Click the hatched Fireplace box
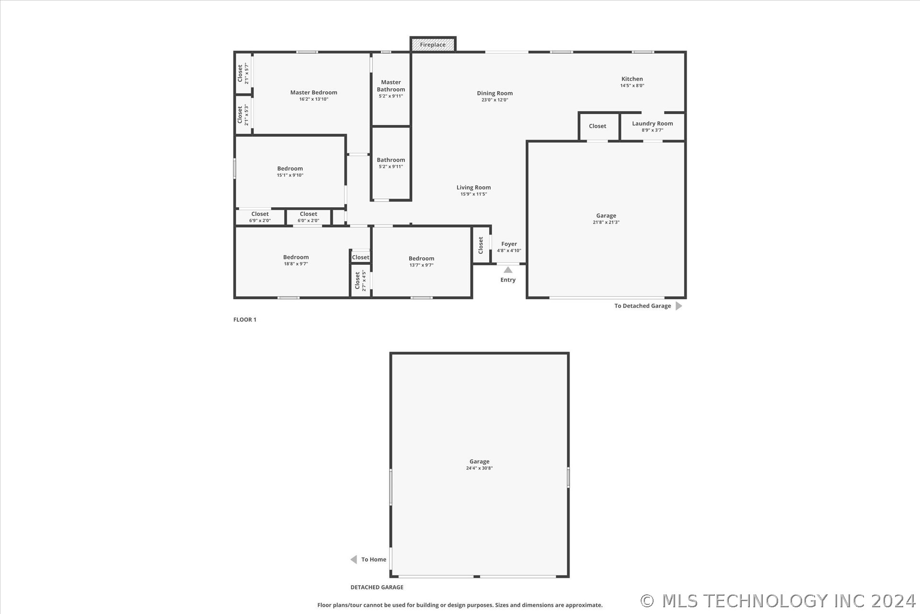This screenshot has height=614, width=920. click(433, 44)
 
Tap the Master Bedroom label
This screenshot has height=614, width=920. click(314, 93)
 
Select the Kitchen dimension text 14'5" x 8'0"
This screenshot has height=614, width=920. click(632, 86)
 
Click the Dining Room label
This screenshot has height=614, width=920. click(494, 94)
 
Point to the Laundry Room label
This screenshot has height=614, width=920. click(652, 124)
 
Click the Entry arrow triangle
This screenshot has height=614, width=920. click(508, 270)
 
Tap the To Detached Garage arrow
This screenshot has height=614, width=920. click(678, 306)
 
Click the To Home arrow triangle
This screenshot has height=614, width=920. click(354, 559)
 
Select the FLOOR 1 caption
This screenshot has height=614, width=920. click(245, 319)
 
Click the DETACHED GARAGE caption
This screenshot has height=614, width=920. click(377, 587)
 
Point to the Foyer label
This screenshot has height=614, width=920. click(509, 244)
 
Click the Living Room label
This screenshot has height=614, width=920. click(473, 188)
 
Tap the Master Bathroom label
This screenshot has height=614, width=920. click(391, 86)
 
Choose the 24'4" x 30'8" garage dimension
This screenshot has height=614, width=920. click(479, 468)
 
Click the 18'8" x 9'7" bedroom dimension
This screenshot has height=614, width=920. click(296, 264)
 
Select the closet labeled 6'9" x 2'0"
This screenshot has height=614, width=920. click(260, 217)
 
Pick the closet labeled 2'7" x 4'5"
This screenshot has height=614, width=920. click(360, 281)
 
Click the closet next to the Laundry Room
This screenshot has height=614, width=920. click(598, 127)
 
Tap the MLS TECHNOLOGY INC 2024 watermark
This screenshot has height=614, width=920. click(778, 601)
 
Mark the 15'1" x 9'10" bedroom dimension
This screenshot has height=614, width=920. click(290, 176)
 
